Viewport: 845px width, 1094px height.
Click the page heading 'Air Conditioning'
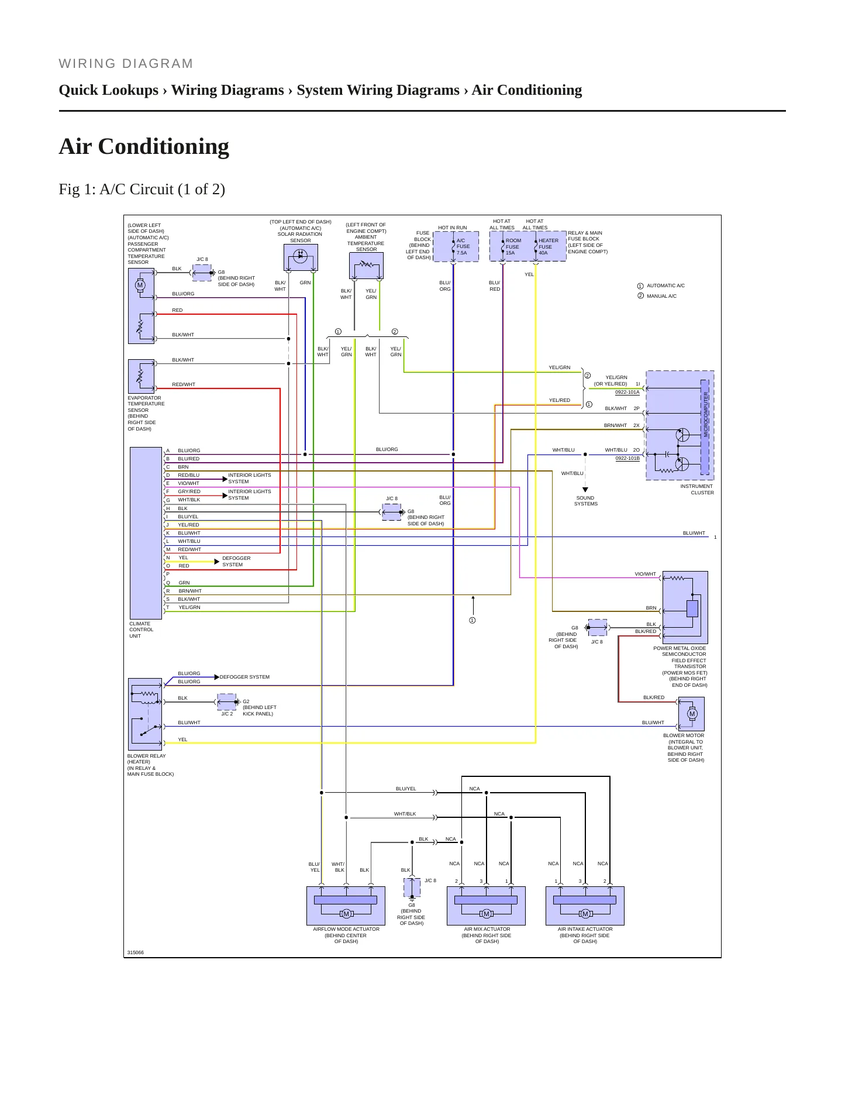pos(144,146)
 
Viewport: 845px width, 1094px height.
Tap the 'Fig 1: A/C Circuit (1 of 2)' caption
pos(142,190)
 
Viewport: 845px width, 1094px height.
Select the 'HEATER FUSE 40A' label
pos(549,246)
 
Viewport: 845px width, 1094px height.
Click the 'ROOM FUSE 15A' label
pos(513,246)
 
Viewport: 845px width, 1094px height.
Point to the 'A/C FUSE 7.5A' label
pos(463,246)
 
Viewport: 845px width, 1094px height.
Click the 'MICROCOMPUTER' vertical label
pos(706,415)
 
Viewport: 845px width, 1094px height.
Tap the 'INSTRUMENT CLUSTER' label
pos(697,490)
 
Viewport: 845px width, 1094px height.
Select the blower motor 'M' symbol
pos(692,714)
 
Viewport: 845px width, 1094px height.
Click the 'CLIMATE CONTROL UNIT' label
pos(141,630)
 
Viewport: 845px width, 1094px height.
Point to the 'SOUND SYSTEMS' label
pos(585,501)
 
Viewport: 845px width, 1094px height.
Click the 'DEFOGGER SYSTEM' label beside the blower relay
pos(244,677)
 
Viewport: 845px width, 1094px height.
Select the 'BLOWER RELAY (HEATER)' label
pos(146,759)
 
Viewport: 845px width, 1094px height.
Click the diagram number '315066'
pos(135,952)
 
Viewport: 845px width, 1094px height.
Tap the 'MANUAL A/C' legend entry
pos(661,296)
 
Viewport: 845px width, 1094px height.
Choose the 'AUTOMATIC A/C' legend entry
pos(665,285)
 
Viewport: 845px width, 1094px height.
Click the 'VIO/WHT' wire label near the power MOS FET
pos(645,574)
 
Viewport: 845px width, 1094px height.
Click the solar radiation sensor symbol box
pos(301,257)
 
